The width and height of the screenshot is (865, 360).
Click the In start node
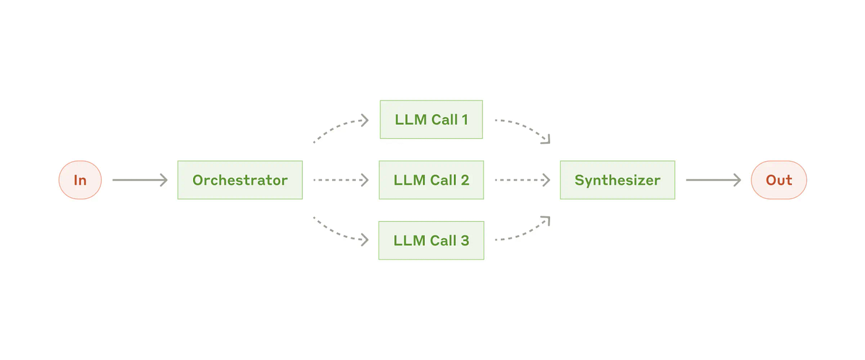(80, 180)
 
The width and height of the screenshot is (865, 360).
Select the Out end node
(778, 180)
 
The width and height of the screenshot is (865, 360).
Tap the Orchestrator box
(240, 180)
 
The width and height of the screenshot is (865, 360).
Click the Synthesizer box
(617, 180)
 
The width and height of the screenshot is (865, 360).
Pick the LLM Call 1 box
(431, 119)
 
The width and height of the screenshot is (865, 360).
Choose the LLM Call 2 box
(431, 180)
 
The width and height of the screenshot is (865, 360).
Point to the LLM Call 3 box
(431, 241)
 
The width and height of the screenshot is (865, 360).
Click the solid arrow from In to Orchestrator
(140, 180)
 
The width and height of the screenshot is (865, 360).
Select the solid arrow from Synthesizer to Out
(713, 180)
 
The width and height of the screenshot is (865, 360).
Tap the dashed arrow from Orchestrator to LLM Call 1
(339, 127)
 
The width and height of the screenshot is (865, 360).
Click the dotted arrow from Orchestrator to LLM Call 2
(340, 180)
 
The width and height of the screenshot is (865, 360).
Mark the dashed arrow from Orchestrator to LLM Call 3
(339, 233)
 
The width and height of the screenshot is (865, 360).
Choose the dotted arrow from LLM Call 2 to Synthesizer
(522, 180)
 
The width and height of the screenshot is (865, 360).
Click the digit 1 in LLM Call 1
(464, 119)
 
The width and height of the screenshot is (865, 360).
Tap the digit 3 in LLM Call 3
(464, 241)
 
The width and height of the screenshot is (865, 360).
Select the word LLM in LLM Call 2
(409, 180)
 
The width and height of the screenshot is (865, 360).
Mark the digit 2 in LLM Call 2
(464, 180)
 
